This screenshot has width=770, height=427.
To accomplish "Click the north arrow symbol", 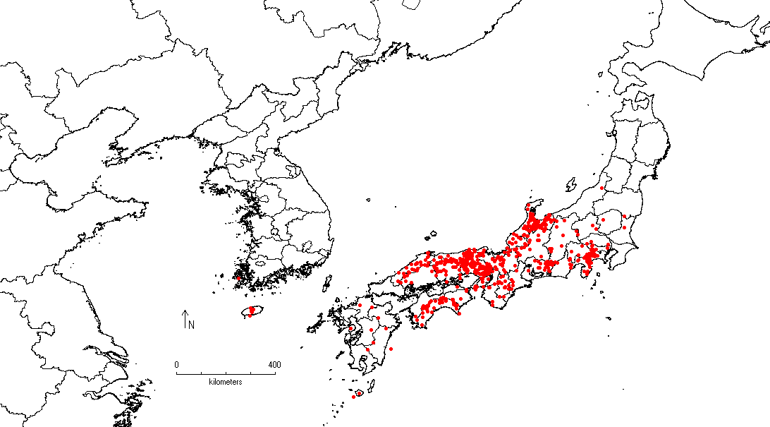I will coord(184,318).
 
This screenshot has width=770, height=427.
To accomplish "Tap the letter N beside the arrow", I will coord(190,325).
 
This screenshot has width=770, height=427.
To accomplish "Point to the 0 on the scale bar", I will coord(176,364).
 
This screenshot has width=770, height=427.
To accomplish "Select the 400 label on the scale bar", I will coord(274,364).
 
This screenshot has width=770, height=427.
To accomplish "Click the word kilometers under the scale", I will coord(225,381).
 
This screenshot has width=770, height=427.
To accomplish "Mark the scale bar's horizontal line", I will coord(225,373).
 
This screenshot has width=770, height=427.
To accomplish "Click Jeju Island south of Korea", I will coord(251,311).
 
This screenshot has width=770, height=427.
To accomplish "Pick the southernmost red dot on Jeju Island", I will coord(250,315).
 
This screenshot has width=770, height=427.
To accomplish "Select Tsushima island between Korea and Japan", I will coord(327,283).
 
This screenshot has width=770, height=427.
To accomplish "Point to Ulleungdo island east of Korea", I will coord(372,198).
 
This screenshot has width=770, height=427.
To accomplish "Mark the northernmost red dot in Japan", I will coord(601,188).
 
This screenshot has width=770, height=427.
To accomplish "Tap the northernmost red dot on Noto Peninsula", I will coord(529,207).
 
